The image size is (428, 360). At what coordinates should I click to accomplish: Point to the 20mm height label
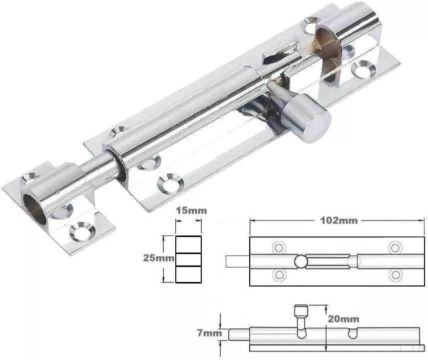345,318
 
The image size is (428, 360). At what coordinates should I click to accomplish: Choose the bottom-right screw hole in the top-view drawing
395,273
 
